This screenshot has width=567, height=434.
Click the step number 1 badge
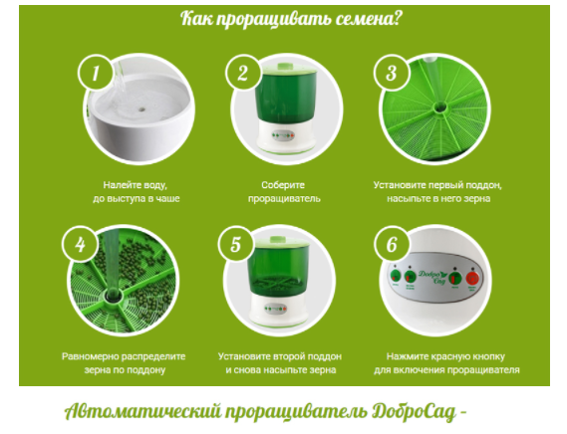tap(96, 73)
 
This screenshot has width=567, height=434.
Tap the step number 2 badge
tap(243, 73)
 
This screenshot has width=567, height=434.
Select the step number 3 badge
tap(392, 73)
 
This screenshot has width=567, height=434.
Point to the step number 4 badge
tap(80, 244)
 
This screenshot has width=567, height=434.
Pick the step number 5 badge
tap(236, 244)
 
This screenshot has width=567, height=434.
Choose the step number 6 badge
tap(392, 244)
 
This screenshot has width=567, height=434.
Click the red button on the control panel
tap(472, 279)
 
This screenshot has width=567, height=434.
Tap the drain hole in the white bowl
tap(142, 108)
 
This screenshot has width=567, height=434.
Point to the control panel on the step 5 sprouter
tap(276, 309)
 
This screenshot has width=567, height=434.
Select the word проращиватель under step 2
tap(284, 199)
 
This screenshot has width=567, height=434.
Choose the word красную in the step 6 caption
tap(450, 356)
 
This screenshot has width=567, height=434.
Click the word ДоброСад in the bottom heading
tap(414, 411)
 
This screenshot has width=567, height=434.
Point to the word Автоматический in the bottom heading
tap(142, 411)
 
